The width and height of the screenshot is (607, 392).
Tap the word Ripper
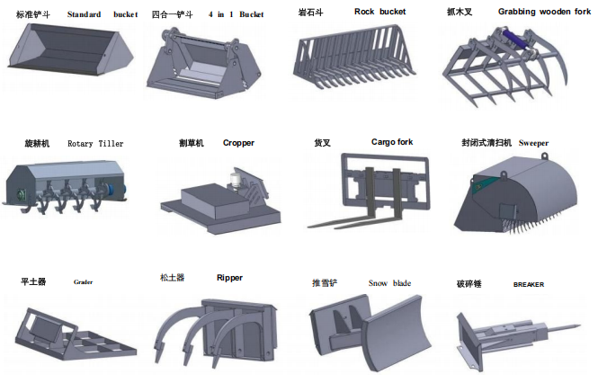coord(229,278)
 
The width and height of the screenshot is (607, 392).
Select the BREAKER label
coord(529,284)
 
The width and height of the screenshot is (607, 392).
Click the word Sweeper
coord(533,143)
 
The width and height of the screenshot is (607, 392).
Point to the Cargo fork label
coord(392,142)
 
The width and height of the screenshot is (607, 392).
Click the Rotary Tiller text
coord(95,144)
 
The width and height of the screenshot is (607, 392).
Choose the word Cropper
coord(238,143)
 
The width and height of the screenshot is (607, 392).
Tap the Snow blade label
coord(389,283)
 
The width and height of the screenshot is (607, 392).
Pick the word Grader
coord(84,282)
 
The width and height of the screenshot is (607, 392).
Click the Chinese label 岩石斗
coord(310,13)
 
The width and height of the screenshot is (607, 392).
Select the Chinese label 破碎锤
coord(469,284)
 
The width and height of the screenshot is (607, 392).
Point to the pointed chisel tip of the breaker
coord(579,325)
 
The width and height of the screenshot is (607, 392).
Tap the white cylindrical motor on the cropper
coord(236,179)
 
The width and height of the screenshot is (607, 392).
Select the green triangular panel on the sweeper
coord(482,185)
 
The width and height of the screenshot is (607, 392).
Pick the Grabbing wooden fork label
coord(544,12)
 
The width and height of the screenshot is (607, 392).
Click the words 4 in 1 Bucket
coord(236,14)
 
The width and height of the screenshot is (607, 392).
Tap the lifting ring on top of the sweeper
coord(545,156)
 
